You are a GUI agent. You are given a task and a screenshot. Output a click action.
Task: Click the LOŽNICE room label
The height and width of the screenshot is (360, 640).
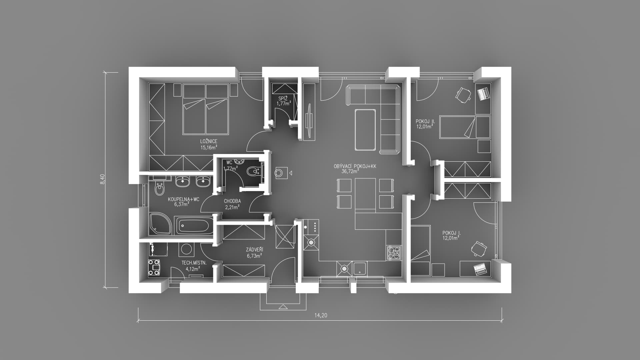pyautogui.click(x=209, y=141)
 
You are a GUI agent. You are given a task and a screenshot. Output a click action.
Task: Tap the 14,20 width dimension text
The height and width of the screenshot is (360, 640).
pyautogui.click(x=321, y=315)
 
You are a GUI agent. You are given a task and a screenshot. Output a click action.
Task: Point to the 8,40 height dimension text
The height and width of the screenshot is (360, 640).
pyautogui.click(x=103, y=179)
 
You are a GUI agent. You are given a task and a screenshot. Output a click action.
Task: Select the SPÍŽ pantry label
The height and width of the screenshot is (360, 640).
pyautogui.click(x=283, y=98)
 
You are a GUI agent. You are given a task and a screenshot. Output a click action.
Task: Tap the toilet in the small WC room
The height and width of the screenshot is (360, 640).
pyautogui.click(x=254, y=171)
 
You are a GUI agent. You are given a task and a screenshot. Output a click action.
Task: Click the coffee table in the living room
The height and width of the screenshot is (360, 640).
pyautogui.click(x=365, y=129)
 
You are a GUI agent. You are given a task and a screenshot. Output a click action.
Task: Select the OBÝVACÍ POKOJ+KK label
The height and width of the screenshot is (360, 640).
pyautogui.click(x=355, y=166)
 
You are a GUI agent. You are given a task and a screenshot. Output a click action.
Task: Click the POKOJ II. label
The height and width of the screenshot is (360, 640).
pyautogui.click(x=425, y=121)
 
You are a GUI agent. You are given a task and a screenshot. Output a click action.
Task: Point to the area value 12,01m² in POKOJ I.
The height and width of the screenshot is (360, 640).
pyautogui.click(x=451, y=238)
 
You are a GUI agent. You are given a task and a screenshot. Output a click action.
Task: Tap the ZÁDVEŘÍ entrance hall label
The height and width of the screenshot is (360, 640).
pyautogui.click(x=254, y=250)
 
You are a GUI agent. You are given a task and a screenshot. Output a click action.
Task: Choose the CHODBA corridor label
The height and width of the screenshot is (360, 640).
pyautogui.click(x=232, y=201)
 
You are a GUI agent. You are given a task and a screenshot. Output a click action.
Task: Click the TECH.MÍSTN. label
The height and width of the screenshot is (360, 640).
pyautogui.click(x=194, y=263)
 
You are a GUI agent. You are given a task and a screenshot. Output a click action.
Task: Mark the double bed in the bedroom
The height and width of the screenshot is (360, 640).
pyautogui.click(x=206, y=109)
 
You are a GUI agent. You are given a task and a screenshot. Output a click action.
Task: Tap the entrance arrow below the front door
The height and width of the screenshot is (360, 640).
pyautogui.click(x=283, y=307)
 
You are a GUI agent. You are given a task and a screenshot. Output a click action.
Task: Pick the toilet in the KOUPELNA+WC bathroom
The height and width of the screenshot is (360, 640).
pyautogui.click(x=160, y=189)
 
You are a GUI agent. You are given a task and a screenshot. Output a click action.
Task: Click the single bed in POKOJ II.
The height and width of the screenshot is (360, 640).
pyautogui.click(x=465, y=127)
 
